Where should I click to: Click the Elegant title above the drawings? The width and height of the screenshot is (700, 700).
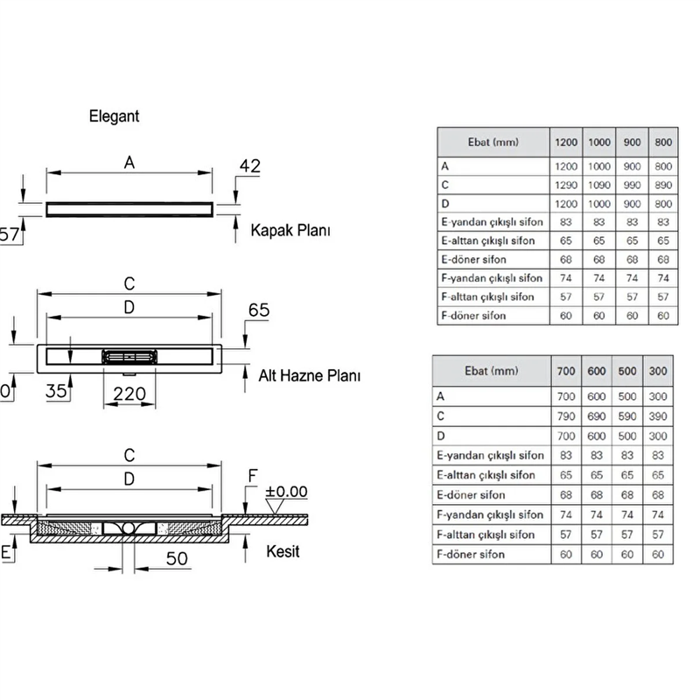pyautogui.click(x=114, y=115)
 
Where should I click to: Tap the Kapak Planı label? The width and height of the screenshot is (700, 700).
pyautogui.click(x=290, y=232)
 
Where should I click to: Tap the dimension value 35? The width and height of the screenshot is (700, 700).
pyautogui.click(x=57, y=392)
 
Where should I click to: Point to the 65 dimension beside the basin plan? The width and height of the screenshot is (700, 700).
pyautogui.click(x=260, y=311)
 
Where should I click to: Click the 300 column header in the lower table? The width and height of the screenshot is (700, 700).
pyautogui.click(x=657, y=371)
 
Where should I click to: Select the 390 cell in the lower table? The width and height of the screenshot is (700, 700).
pyautogui.click(x=657, y=415)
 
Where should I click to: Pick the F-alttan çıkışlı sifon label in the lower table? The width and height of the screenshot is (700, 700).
pyautogui.click(x=486, y=534)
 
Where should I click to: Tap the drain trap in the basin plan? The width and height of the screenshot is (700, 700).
pyautogui.click(x=129, y=357)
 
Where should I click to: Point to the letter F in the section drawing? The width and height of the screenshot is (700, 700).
pyautogui.click(x=251, y=478)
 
